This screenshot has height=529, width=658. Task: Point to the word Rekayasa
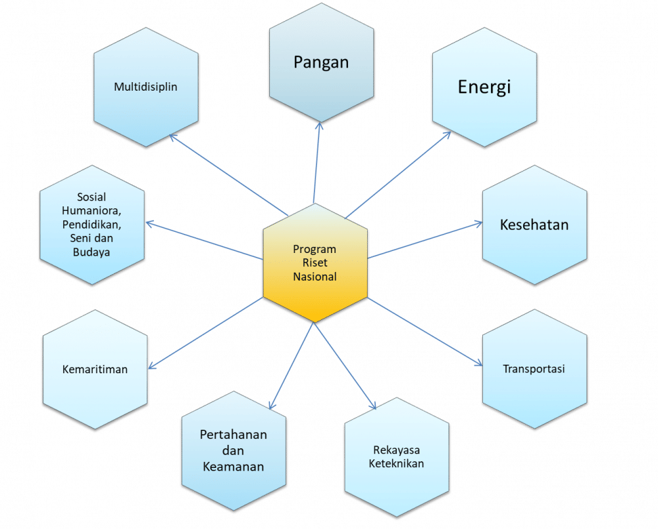click(396, 450)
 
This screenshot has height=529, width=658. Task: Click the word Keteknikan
click(396, 463)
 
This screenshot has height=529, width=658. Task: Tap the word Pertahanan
click(234, 435)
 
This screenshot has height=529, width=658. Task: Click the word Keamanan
click(234, 467)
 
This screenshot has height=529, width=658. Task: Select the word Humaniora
click(92, 210)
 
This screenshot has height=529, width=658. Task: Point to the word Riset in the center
click(315, 263)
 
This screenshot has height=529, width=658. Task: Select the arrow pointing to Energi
click(398, 174)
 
